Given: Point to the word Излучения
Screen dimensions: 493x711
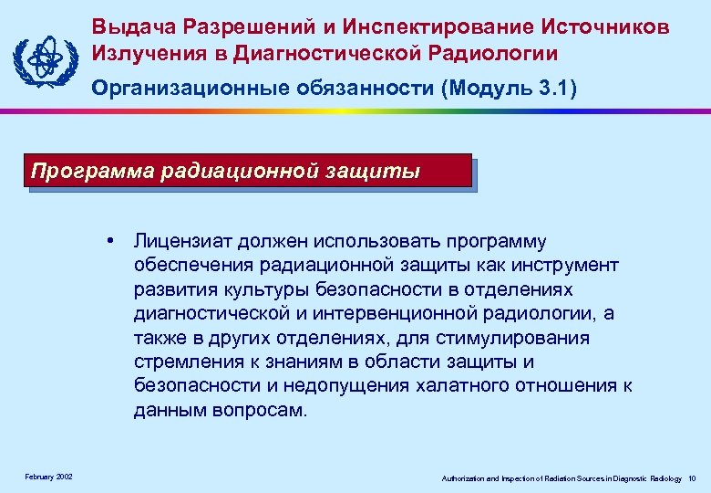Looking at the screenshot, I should coord(144,53).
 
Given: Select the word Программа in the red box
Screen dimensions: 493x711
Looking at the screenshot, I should coord(89,171).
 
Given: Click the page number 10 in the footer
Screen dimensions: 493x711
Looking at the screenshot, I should coord(693,478).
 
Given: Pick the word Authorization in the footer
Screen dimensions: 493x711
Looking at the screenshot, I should coord(466,478).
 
